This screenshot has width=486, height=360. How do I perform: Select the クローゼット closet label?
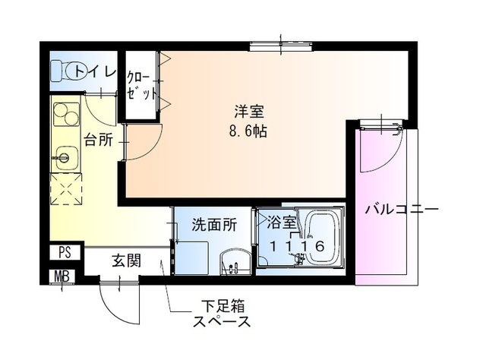point(141,85)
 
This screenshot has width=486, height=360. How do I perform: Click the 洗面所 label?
point(213,225)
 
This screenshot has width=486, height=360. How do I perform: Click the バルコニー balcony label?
point(402,210)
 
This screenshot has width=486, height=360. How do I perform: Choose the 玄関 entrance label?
point(126,261)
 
